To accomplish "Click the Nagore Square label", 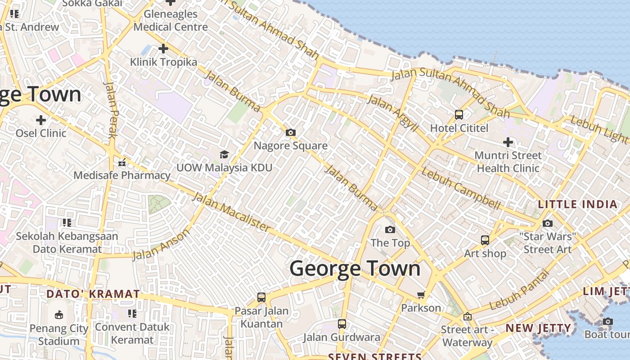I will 291,146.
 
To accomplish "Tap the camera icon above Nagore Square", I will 291,132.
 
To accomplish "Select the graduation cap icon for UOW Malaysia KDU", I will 224,155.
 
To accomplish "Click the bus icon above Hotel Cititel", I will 459,115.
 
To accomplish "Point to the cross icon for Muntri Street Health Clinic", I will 508,143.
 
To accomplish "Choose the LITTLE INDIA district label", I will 578,204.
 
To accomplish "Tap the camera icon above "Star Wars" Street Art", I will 548,223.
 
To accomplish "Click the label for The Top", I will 390,243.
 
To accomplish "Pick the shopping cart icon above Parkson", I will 421,295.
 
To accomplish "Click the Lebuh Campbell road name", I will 461,189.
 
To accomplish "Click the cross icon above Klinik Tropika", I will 163,48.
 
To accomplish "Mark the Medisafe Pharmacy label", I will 122,175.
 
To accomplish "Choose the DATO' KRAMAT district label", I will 93,294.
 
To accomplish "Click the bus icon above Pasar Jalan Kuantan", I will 261,297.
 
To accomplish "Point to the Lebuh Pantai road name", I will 520,290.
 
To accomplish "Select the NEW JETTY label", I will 538,328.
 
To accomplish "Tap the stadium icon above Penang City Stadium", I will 58,315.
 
